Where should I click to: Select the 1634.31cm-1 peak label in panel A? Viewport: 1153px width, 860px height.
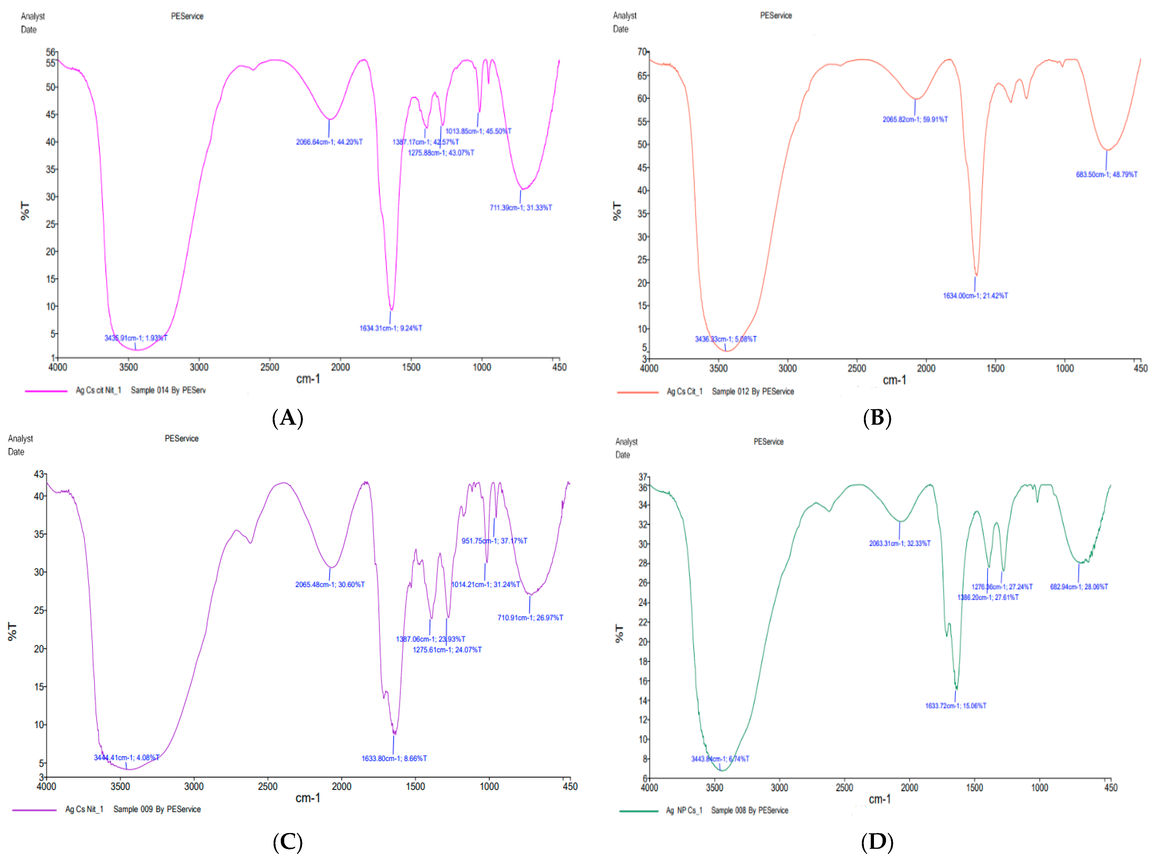click(390, 328)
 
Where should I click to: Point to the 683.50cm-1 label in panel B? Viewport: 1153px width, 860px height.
click(1106, 174)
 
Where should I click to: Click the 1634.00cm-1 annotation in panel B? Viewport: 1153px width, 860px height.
click(975, 296)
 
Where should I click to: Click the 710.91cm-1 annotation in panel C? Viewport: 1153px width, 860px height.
click(530, 618)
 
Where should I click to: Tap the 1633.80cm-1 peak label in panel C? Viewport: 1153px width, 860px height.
click(394, 759)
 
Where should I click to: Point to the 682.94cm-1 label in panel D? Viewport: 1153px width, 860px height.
click(1079, 587)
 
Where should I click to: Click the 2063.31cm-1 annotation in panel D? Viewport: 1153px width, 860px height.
click(900, 543)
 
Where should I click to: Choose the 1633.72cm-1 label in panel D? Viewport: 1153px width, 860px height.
click(955, 706)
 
